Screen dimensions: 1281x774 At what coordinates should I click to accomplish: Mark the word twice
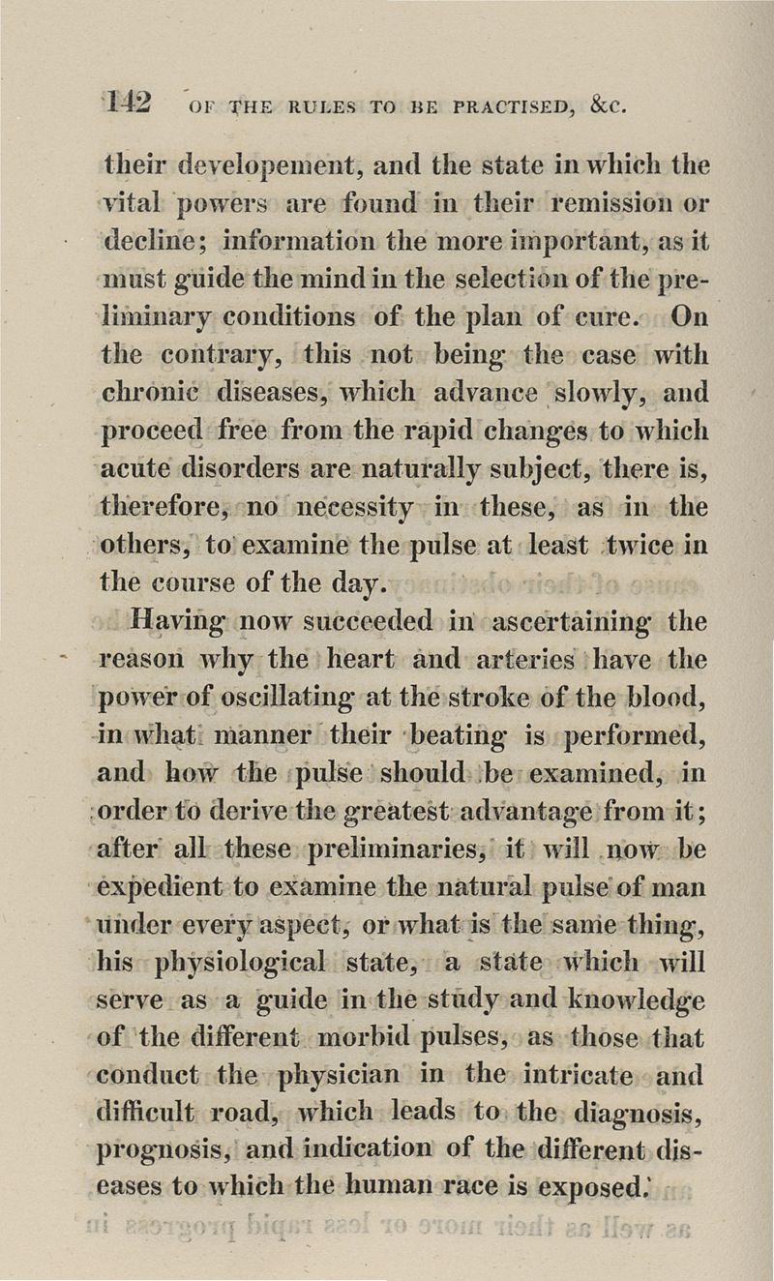(640, 545)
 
